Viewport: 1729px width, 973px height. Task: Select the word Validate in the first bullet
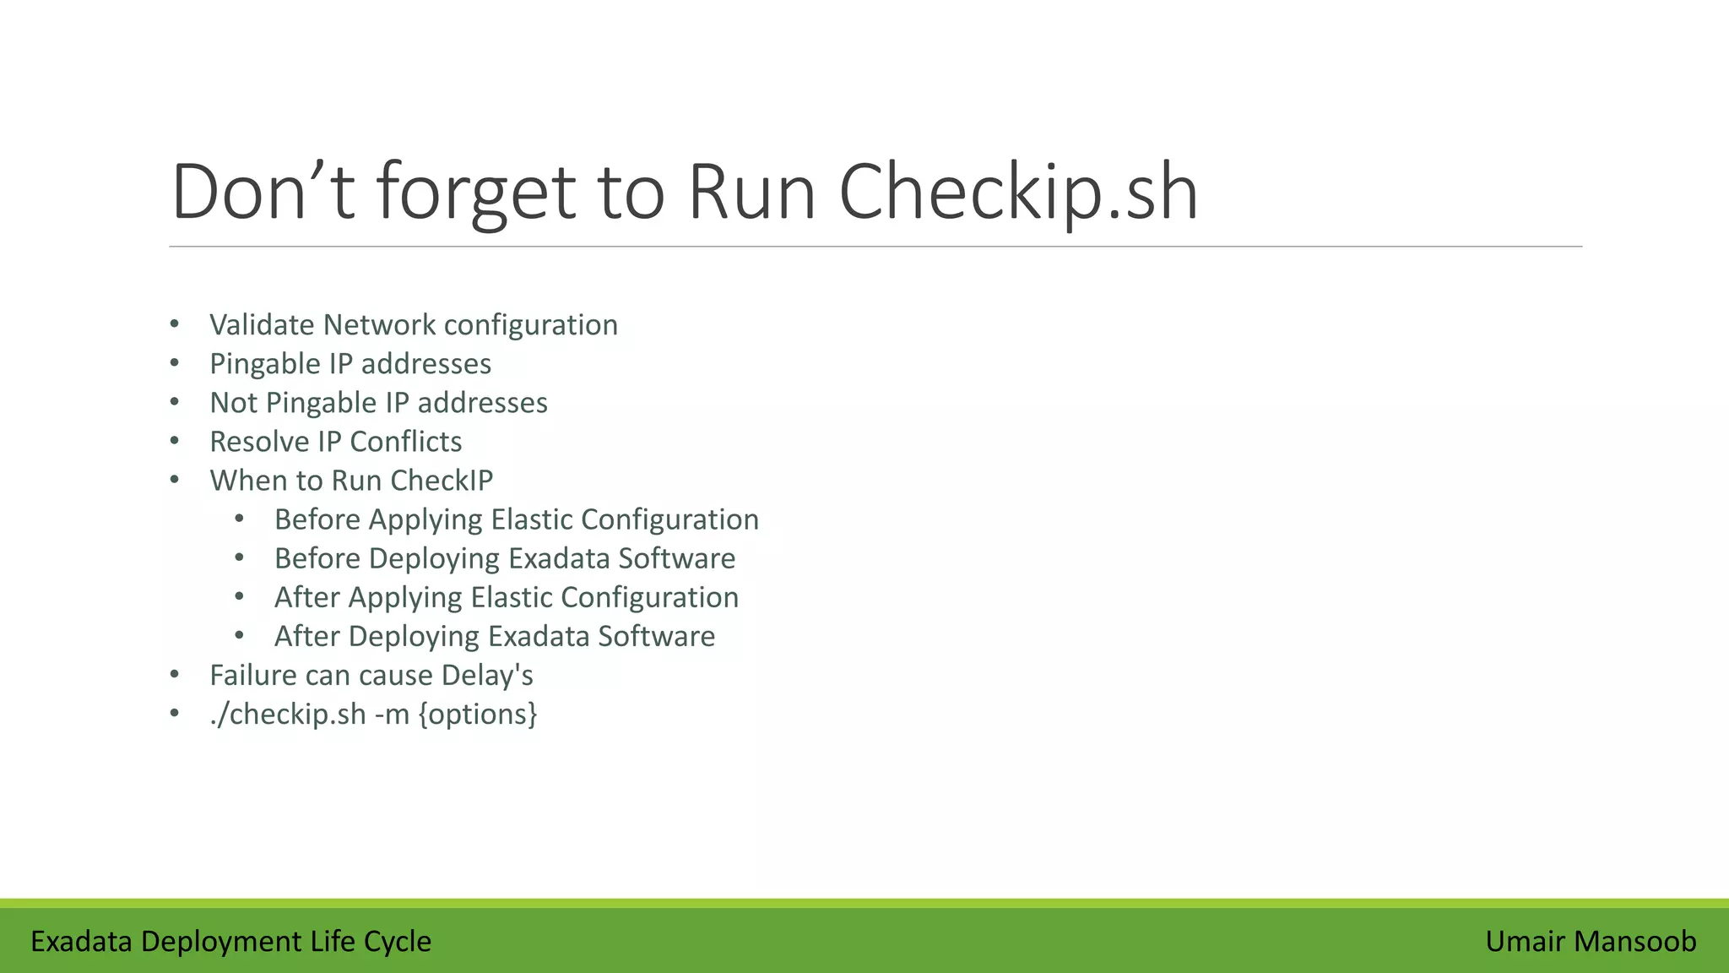[263, 325]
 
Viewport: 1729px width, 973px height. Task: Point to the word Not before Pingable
[233, 403]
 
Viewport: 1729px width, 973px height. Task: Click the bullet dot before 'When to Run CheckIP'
[175, 481]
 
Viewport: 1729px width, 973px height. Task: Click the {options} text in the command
[478, 715]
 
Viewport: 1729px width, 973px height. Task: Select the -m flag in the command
[392, 715]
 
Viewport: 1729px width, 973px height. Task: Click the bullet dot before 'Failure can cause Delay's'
[175, 675]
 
